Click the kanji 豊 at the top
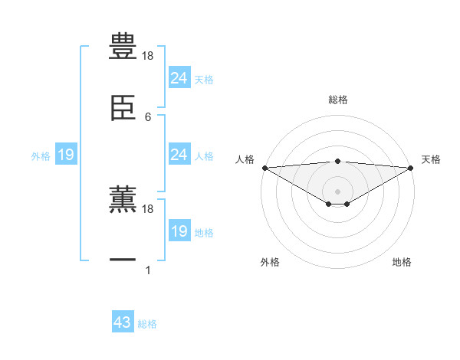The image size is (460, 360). [123, 47]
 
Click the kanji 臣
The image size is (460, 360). [123, 109]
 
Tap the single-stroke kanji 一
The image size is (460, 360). [123, 260]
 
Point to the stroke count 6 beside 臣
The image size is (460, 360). [148, 117]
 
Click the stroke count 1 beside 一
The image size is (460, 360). [148, 270]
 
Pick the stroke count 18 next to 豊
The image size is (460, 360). [148, 56]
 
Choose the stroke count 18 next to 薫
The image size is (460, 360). [148, 208]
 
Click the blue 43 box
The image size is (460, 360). [123, 322]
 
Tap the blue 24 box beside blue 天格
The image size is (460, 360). [179, 78]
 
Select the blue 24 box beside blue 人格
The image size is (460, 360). [179, 155]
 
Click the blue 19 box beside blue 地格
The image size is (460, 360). [179, 231]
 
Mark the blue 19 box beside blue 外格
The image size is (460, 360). [66, 155]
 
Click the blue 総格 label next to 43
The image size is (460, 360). [147, 324]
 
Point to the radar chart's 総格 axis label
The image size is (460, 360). [338, 100]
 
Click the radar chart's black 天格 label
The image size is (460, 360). [431, 159]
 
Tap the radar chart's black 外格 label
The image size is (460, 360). [270, 262]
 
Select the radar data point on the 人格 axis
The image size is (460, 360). [264, 168]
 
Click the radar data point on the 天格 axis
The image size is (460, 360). [411, 168]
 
